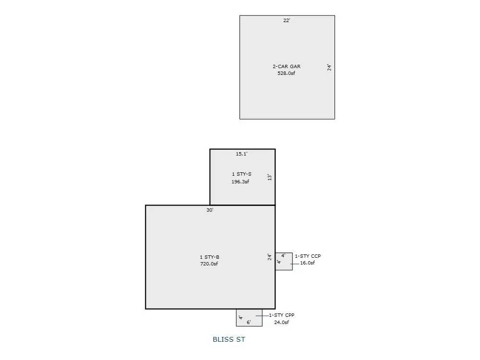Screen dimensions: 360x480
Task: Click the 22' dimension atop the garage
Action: click(287, 20)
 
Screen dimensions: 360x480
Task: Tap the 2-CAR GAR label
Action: click(287, 66)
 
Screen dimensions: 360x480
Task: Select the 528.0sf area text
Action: click(287, 73)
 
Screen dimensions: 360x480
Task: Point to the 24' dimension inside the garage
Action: click(330, 68)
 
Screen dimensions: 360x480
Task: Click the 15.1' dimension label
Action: click(241, 154)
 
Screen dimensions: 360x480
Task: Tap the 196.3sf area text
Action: click(240, 182)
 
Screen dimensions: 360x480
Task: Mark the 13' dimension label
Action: click(270, 177)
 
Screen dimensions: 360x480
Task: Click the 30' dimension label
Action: click(210, 210)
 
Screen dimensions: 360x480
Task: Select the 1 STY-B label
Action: click(210, 257)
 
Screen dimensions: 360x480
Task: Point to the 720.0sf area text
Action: click(210, 264)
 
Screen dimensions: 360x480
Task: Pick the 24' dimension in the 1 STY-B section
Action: click(270, 257)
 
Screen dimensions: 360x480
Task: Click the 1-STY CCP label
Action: click(308, 256)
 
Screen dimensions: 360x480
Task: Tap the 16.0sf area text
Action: click(308, 263)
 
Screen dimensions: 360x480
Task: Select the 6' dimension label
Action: click(249, 323)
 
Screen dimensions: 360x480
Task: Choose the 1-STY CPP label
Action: click(282, 315)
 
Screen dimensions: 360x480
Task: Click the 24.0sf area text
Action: click(282, 322)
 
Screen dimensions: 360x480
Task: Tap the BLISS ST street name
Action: click(229, 340)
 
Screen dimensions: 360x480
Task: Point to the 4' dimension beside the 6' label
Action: click(240, 318)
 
